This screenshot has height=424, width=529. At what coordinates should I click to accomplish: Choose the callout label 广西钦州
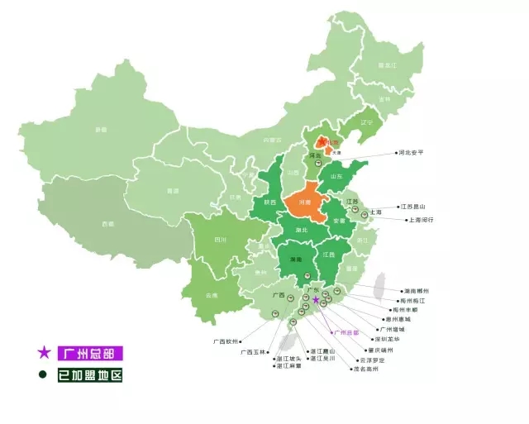tap(223, 341)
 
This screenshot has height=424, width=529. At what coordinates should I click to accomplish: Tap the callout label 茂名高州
tap(364, 369)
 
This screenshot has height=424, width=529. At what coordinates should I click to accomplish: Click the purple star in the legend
tap(44, 353)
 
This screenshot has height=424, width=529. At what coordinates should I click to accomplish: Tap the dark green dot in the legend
tap(43, 374)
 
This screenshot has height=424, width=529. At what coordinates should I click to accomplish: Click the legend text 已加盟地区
tap(89, 375)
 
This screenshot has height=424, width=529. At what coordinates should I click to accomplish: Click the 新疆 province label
tap(101, 130)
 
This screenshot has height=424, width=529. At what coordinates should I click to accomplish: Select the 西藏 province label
tap(108, 224)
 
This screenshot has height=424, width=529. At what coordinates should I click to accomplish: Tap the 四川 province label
tap(220, 241)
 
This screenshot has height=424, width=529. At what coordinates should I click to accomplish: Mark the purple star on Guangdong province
tap(316, 300)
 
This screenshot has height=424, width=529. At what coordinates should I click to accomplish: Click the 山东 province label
tap(337, 176)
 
